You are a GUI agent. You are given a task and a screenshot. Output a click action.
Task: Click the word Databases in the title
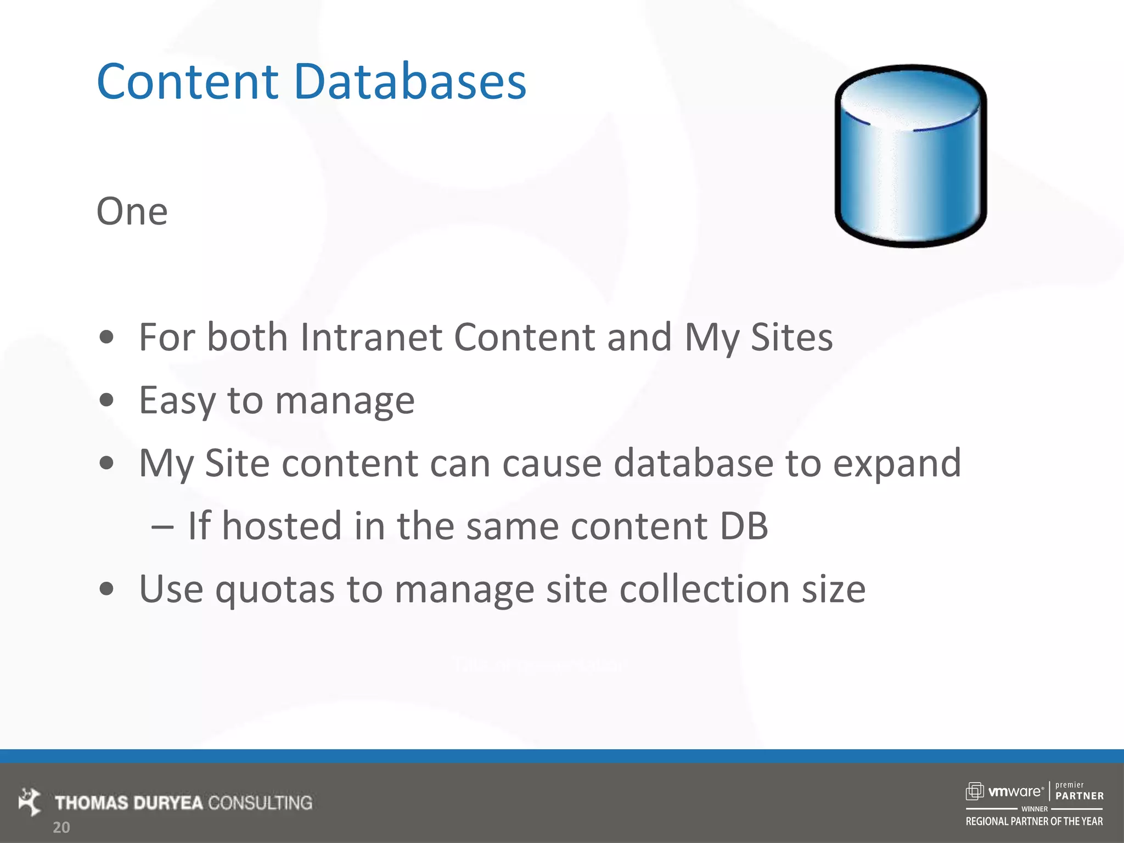(410, 82)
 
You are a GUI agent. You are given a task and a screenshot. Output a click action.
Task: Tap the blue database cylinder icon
(911, 156)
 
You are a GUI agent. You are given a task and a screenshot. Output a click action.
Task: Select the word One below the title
(132, 212)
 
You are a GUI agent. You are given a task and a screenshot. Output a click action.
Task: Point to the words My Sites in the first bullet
(758, 337)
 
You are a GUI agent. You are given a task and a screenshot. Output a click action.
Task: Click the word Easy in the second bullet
(177, 401)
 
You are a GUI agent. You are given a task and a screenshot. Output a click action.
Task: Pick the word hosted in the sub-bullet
(282, 526)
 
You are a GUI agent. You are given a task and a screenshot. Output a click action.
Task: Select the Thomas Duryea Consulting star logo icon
(30, 802)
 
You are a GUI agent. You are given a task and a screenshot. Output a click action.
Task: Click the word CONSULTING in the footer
(260, 803)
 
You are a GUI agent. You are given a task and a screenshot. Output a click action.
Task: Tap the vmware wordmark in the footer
(1014, 791)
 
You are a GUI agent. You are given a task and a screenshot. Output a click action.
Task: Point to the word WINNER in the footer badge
(1034, 809)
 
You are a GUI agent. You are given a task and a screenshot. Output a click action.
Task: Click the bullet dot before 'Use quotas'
(106, 589)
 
